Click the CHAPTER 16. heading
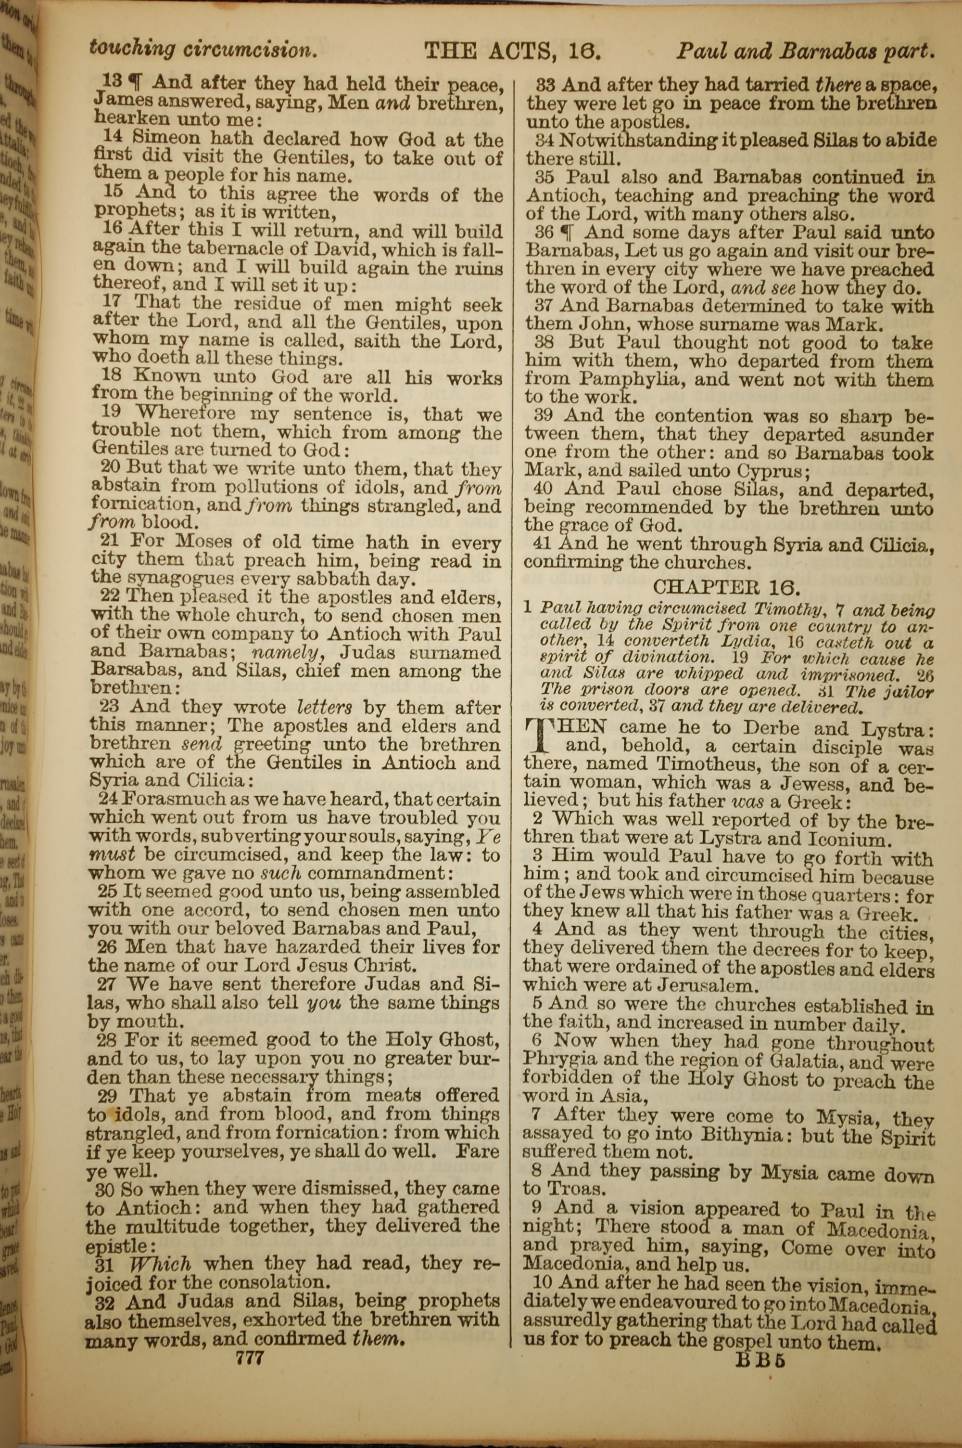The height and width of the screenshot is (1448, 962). (x=726, y=587)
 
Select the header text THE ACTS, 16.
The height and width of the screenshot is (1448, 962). (x=512, y=50)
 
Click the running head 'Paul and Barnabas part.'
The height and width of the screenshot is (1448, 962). (x=806, y=51)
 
